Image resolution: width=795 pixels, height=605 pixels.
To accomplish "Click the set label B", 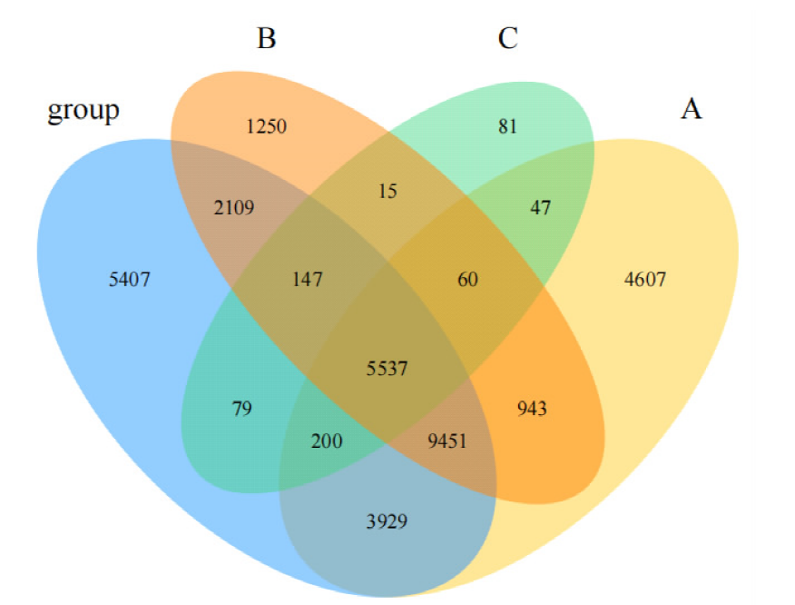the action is click(x=267, y=38).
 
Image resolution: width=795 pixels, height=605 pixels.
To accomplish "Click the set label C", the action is click(x=507, y=38).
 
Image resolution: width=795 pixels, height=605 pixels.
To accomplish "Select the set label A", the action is click(x=691, y=109).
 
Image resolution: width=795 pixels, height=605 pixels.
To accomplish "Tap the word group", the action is click(x=83, y=111).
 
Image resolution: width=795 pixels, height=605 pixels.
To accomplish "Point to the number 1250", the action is click(x=266, y=126).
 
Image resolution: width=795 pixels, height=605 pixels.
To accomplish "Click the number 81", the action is click(x=507, y=126).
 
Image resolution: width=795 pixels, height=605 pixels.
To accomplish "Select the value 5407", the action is click(x=129, y=280).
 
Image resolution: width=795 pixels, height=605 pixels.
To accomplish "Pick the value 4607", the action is click(x=645, y=280).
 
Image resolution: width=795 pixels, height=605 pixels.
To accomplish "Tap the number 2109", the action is click(x=234, y=208).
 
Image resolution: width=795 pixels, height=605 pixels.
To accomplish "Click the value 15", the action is click(x=388, y=192).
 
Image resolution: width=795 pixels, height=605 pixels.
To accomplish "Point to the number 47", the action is click(x=541, y=208).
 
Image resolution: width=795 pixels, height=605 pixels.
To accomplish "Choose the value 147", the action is click(x=308, y=280).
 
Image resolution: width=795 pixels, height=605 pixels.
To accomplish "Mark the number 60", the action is click(x=467, y=280).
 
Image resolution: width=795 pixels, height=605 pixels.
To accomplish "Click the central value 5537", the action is click(x=387, y=369).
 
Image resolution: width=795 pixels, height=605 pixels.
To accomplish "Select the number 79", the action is click(x=241, y=409).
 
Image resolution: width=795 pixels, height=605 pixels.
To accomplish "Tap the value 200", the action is click(x=327, y=441).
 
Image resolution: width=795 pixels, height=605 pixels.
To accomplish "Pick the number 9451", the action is click(x=447, y=441).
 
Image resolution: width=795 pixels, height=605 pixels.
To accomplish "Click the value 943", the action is click(x=532, y=409).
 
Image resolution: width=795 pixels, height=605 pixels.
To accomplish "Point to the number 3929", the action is click(x=387, y=521).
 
